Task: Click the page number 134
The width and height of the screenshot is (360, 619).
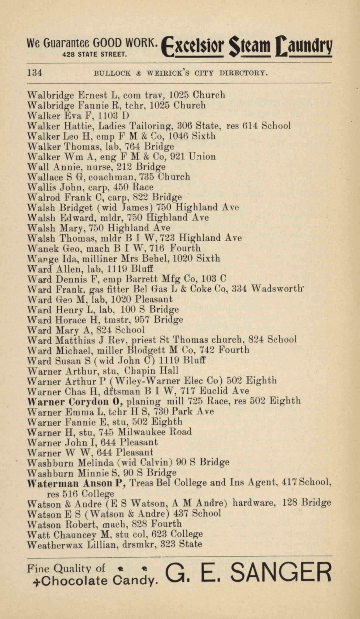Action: (35, 73)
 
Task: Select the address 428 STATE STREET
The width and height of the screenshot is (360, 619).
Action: (94, 55)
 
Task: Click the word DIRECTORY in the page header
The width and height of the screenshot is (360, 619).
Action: (244, 73)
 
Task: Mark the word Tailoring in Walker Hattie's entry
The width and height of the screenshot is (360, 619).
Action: (151, 126)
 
